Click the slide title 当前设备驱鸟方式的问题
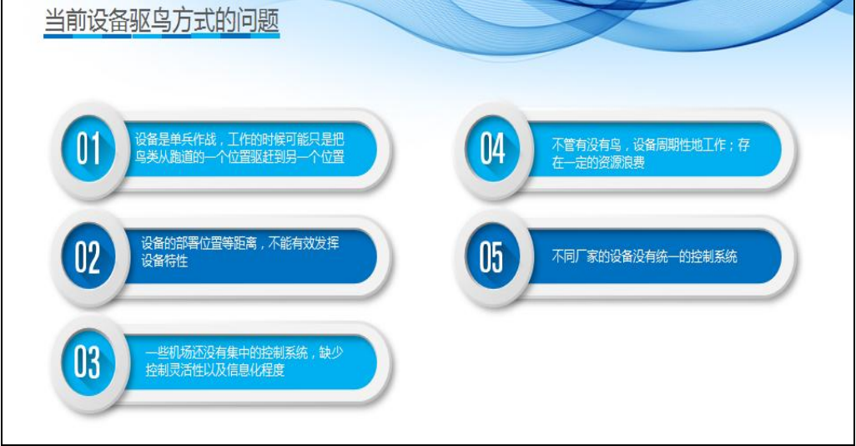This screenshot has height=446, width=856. click(x=162, y=21)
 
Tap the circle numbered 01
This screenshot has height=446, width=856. click(x=88, y=149)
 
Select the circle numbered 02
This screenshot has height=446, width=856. click(x=88, y=257)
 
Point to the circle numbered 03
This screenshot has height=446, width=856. click(x=88, y=363)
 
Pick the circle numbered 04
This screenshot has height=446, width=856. click(x=492, y=149)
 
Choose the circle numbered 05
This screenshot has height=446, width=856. click(x=492, y=257)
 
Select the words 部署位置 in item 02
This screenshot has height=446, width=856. click(x=199, y=243)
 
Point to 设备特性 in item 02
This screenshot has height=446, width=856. click(x=164, y=261)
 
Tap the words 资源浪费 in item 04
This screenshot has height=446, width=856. click(x=622, y=162)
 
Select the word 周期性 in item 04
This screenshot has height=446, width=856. click(x=674, y=144)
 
